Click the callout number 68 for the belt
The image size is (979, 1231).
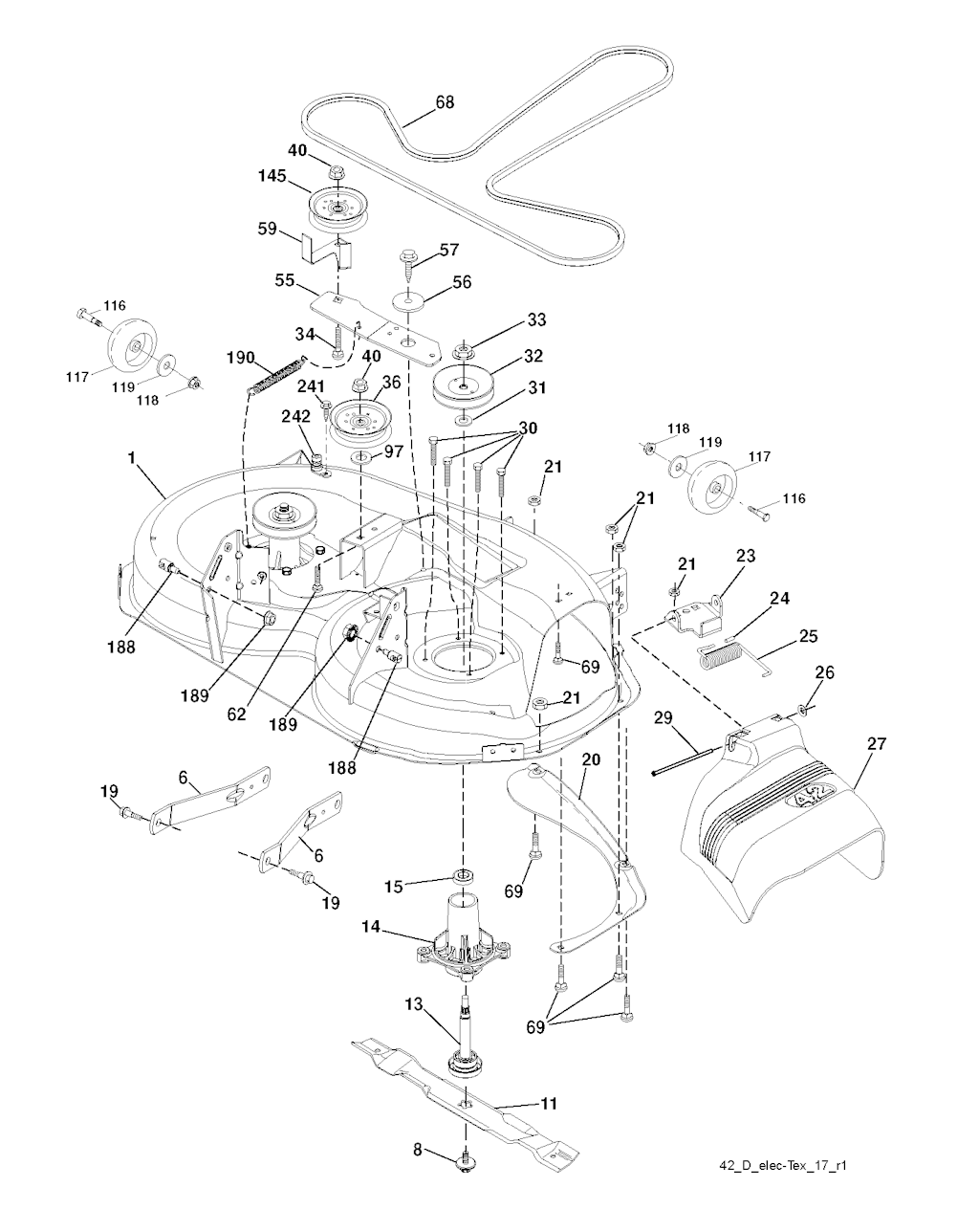click(445, 101)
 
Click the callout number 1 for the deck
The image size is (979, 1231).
click(130, 458)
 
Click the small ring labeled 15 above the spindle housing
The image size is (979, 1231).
click(465, 876)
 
